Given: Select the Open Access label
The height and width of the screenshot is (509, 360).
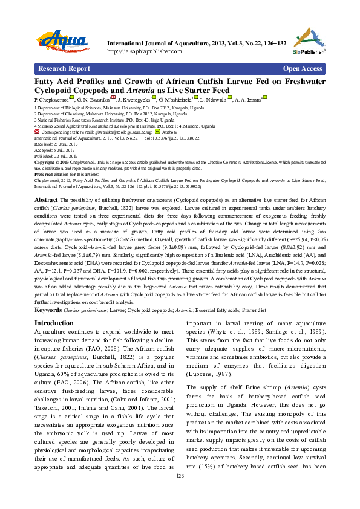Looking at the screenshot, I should [303, 69].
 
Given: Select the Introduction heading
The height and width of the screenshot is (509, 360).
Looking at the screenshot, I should [54, 323].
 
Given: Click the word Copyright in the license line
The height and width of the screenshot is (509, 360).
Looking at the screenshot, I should [47, 162].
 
